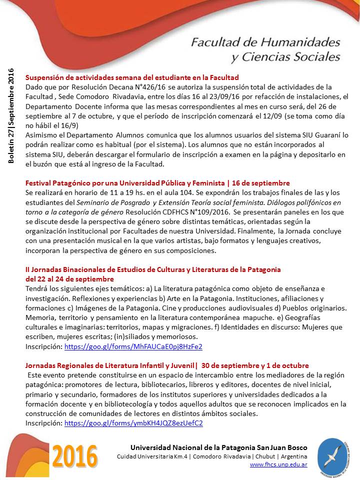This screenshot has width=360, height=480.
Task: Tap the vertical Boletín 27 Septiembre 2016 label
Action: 11,115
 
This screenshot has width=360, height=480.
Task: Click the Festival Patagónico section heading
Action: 157,183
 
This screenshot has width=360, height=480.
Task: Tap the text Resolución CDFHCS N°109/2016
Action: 156,212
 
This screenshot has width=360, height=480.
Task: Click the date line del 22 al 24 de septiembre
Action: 69,278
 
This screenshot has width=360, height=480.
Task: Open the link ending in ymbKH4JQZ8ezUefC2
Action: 133,423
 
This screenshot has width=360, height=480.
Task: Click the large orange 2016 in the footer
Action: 75,456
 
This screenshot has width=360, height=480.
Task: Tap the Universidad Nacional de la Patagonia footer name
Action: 218,447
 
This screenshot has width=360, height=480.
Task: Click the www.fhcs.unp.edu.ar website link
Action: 278,464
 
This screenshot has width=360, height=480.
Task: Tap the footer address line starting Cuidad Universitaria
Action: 211,457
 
